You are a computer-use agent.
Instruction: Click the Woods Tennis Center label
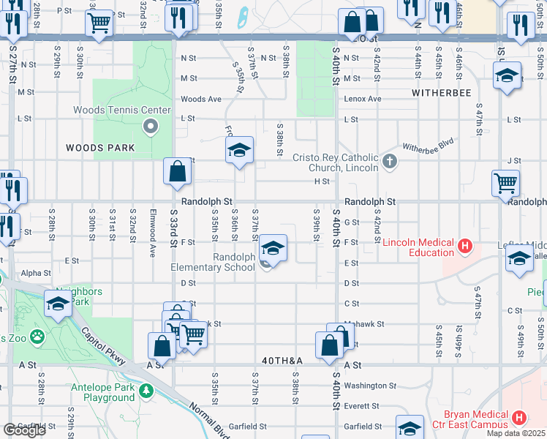pyautogui.click(x=121, y=110)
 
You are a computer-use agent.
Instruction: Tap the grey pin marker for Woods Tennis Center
pyautogui.click(x=151, y=128)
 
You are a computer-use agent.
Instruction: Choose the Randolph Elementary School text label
pyautogui.click(x=213, y=262)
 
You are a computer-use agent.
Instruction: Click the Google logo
pyautogui.click(x=24, y=430)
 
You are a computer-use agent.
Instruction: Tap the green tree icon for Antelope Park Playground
pyautogui.click(x=146, y=391)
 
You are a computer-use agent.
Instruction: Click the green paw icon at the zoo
pyautogui.click(x=37, y=337)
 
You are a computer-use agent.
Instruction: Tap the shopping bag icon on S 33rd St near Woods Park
pyautogui.click(x=178, y=173)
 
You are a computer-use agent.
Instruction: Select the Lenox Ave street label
pyautogui.click(x=363, y=99)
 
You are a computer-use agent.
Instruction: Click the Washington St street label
pyautogui.click(x=369, y=386)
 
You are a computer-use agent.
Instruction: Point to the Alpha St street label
pyautogui.click(x=37, y=273)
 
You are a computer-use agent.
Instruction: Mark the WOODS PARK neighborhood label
pyautogui.click(x=100, y=148)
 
